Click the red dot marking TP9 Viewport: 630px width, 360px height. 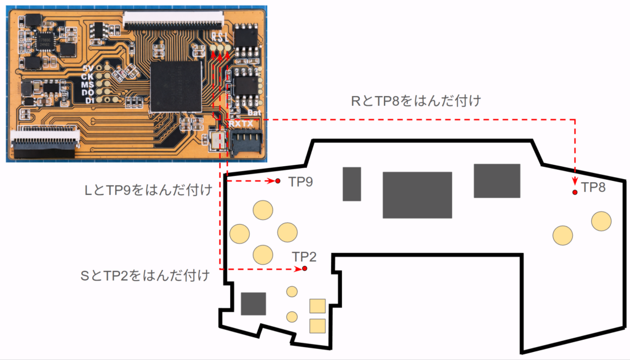278,181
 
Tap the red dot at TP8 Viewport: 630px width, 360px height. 575,193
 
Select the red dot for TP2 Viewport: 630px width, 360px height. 305,269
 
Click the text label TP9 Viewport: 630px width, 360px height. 301,183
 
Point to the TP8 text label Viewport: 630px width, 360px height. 593,188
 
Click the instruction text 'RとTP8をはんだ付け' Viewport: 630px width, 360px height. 415,101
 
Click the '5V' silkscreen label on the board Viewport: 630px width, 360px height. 89,68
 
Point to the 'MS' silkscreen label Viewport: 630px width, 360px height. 89,84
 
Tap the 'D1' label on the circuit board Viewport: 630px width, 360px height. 89,100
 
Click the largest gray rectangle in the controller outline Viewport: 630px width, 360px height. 417,195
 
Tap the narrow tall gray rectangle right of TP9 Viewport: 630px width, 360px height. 352,183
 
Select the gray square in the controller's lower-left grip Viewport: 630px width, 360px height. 253,304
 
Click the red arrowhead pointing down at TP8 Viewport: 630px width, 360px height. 575,181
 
